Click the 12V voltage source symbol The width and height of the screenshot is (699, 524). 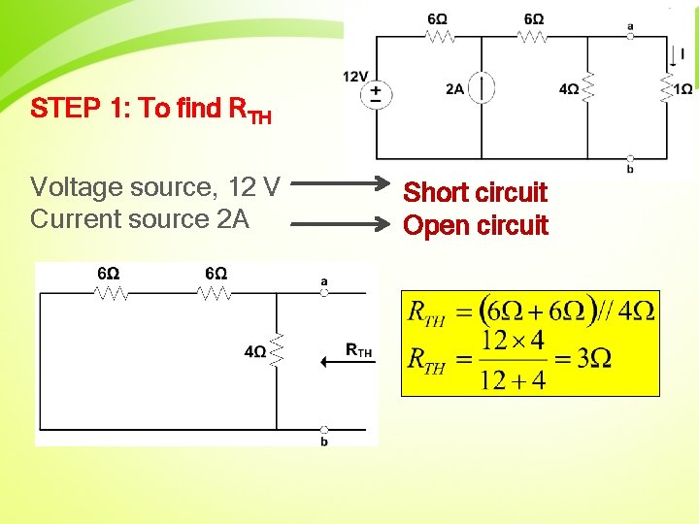point(376,94)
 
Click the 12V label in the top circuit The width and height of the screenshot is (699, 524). point(355,77)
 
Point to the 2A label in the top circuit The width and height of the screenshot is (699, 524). point(454,89)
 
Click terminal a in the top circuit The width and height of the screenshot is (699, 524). point(630,35)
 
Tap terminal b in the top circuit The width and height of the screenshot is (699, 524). point(630,158)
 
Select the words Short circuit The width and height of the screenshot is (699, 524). point(475,192)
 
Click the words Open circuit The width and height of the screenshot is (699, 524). point(475,225)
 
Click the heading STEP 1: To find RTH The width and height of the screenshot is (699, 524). point(150,109)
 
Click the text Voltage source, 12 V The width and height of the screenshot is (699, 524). point(155,185)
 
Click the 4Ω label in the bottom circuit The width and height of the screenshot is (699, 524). point(255,351)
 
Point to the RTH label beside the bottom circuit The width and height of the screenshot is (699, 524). point(359,351)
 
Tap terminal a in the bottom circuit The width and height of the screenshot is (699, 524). point(324,292)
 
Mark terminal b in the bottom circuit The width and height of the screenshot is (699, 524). point(324,430)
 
